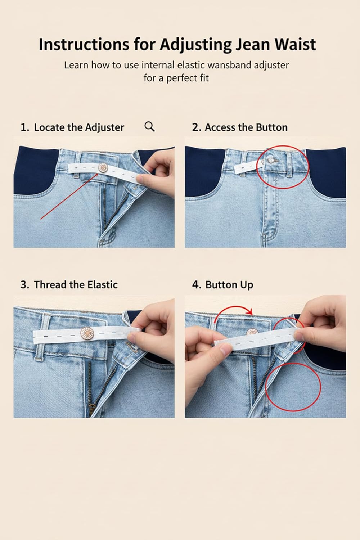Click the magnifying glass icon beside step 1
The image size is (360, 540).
pos(149,126)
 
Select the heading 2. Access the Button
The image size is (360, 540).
pos(240,127)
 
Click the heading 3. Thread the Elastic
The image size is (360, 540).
pos(69,285)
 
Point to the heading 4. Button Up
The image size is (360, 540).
pos(222,285)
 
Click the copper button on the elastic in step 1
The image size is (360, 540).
pos(103,167)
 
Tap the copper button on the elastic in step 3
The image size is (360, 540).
pos(86,333)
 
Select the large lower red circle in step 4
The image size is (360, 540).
pos(293,387)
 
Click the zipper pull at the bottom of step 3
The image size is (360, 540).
pos(92,409)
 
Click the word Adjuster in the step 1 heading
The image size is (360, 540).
pos(104,127)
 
